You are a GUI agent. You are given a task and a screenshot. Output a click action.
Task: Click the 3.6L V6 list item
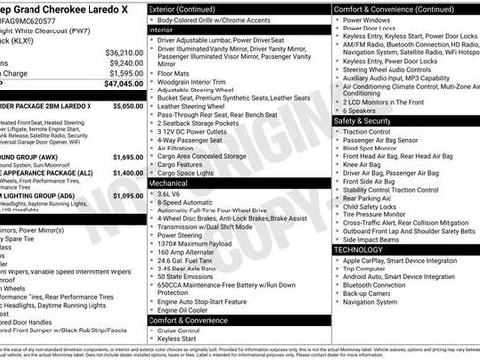click(x=176, y=194)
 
